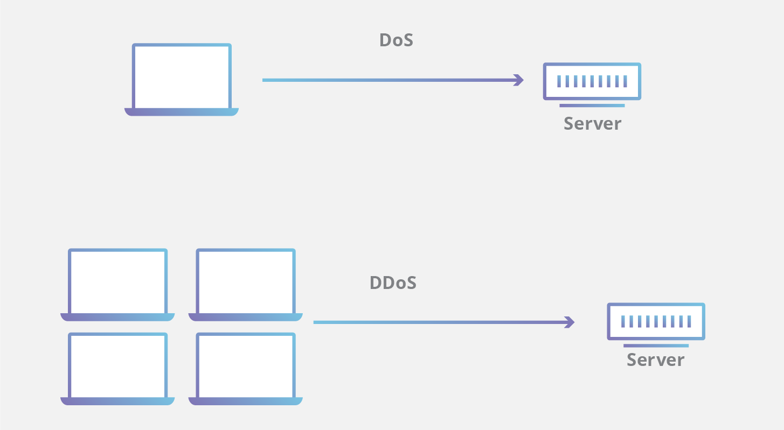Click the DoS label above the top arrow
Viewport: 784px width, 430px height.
click(396, 40)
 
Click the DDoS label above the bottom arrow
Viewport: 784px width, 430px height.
click(393, 283)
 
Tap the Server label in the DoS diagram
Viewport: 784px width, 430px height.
click(592, 124)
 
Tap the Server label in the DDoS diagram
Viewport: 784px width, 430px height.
click(655, 360)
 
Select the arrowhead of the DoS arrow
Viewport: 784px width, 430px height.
click(519, 80)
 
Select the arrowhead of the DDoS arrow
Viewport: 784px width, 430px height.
click(570, 322)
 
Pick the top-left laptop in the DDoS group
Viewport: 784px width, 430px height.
click(117, 281)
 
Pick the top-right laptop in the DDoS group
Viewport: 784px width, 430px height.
click(245, 281)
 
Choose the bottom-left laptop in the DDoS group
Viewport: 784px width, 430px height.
click(117, 365)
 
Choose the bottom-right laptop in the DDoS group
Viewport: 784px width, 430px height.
click(245, 365)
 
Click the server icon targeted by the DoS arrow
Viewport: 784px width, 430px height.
click(592, 81)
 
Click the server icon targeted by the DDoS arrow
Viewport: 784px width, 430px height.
click(656, 321)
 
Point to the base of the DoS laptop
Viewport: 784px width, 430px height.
click(182, 112)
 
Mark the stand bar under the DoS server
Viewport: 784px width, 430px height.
click(592, 105)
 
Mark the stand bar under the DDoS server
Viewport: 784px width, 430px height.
click(656, 346)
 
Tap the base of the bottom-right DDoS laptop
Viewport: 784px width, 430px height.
click(245, 401)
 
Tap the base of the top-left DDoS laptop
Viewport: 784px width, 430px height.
click(117, 317)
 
